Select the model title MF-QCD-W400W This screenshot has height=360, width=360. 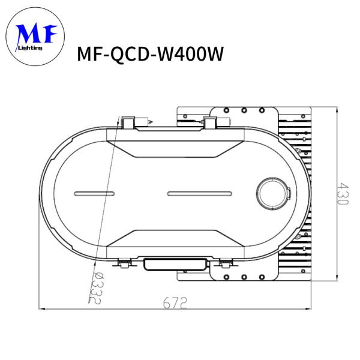tap(151, 55)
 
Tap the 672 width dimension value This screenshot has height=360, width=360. tap(175, 302)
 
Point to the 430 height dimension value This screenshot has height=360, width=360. tap(341, 194)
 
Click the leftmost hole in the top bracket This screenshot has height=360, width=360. tap(228, 110)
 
